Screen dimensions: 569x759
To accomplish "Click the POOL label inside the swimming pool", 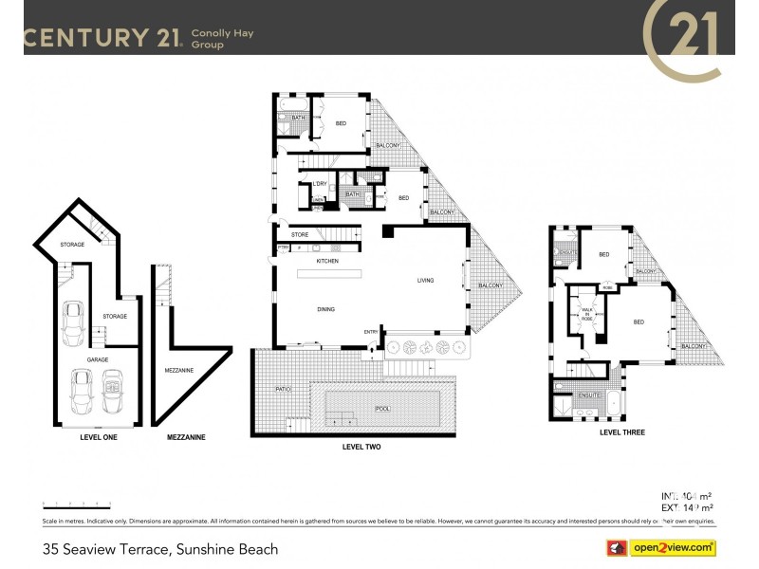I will tap(382, 408).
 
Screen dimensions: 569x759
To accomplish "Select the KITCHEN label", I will tap(327, 261).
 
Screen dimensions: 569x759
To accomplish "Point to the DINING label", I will tap(327, 309).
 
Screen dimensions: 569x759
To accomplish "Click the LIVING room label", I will tap(426, 280).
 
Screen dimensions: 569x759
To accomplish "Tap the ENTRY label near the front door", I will tap(371, 331).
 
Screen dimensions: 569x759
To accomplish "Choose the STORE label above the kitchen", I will tap(300, 234).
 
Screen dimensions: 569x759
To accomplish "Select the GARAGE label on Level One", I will tap(97, 360).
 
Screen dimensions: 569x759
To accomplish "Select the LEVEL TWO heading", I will tap(361, 446).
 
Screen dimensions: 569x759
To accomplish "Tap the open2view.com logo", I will tap(661, 548).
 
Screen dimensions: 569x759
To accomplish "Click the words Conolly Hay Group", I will tap(223, 39).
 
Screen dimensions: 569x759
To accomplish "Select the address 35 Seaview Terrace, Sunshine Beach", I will tap(160, 548).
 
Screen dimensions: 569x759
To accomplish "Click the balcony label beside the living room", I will tap(490, 285).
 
